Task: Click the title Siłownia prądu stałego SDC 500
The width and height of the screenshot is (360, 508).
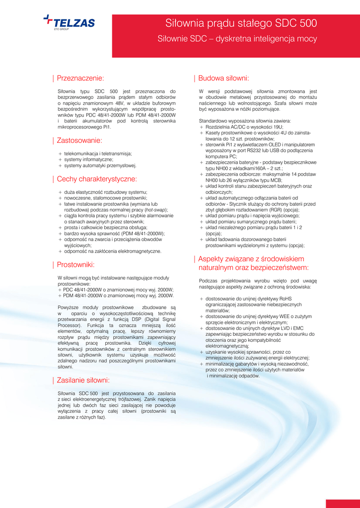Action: pyautogui.click(x=241, y=23)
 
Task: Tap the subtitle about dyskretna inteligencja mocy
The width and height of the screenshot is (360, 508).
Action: pyautogui.click(x=237, y=39)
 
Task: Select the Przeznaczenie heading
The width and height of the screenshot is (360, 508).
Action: pyautogui.click(x=80, y=78)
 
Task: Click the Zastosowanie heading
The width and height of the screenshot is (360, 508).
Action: pyautogui.click(x=79, y=140)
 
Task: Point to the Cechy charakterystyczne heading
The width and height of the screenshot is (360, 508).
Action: pyautogui.click(x=97, y=179)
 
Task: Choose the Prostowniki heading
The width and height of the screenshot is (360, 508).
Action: pyautogui.click(x=75, y=265)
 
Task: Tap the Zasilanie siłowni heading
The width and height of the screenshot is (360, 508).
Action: pyautogui.click(x=83, y=381)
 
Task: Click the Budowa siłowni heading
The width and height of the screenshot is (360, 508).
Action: pyautogui.click(x=223, y=78)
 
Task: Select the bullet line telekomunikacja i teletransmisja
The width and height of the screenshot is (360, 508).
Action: pyautogui.click(x=98, y=154)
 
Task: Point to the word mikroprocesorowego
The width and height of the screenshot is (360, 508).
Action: pyautogui.click(x=80, y=127)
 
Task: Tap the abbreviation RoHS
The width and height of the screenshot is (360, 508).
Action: pyautogui.click(x=286, y=299)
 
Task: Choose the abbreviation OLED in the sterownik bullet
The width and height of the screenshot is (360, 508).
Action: pyautogui.click(x=274, y=144)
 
